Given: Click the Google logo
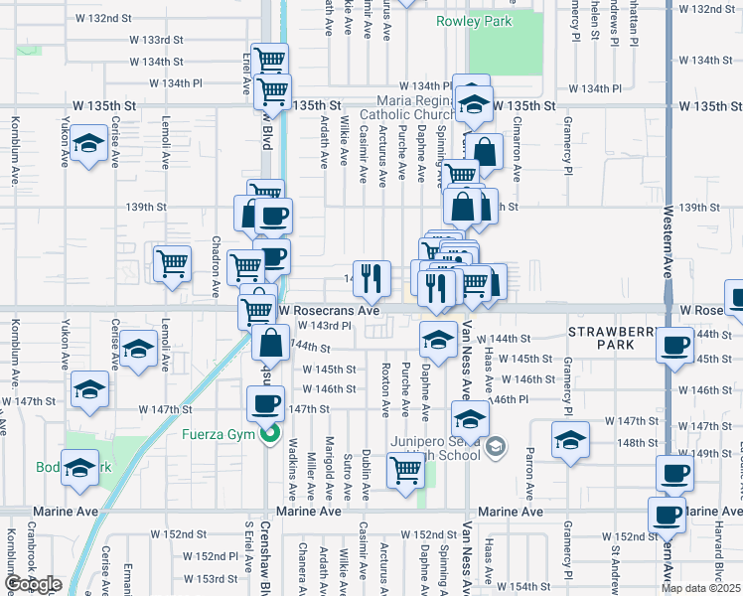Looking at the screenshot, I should click(x=32, y=584).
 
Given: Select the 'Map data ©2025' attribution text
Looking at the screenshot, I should click(x=700, y=588).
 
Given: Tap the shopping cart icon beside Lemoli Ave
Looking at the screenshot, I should click(x=172, y=263).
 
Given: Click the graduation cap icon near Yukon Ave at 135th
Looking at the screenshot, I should click(x=89, y=144).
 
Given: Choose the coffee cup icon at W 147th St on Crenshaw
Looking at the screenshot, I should click(x=265, y=402).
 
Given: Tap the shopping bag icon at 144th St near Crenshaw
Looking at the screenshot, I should click(x=269, y=344).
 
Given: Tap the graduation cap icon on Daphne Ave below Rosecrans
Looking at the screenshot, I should click(x=436, y=339).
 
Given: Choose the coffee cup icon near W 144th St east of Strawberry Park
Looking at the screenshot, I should click(x=675, y=346).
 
